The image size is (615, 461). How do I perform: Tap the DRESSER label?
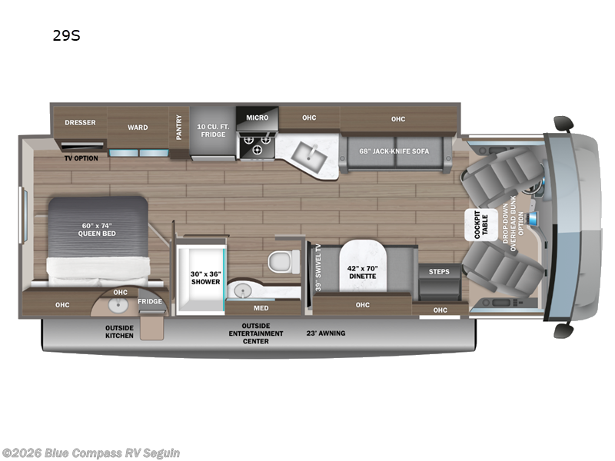point(79,122)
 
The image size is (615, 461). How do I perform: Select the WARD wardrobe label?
point(138,128)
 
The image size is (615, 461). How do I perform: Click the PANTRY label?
point(179,128)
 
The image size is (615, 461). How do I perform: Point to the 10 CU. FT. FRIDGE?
point(212,130)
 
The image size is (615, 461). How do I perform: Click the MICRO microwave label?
point(257,118)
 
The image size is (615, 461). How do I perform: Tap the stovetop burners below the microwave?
point(257,140)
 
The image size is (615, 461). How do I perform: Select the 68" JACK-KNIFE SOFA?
point(394,150)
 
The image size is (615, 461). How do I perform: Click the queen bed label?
point(97,229)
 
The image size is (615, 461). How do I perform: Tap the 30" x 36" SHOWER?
point(205,277)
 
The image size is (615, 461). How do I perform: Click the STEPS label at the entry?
point(439,271)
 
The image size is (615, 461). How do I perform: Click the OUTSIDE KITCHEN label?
point(119,331)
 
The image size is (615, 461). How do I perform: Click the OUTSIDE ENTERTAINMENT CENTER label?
point(255,333)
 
